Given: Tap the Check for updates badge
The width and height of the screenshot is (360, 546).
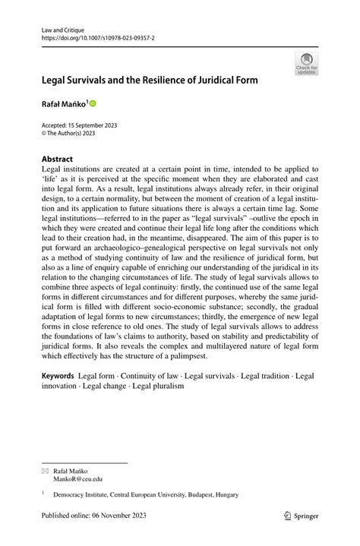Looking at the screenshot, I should pyautogui.click(x=307, y=63).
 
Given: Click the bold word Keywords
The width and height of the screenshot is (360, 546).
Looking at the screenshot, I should pyautogui.click(x=58, y=375).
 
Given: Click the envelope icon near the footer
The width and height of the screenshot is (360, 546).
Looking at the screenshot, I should pyautogui.click(x=45, y=470).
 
